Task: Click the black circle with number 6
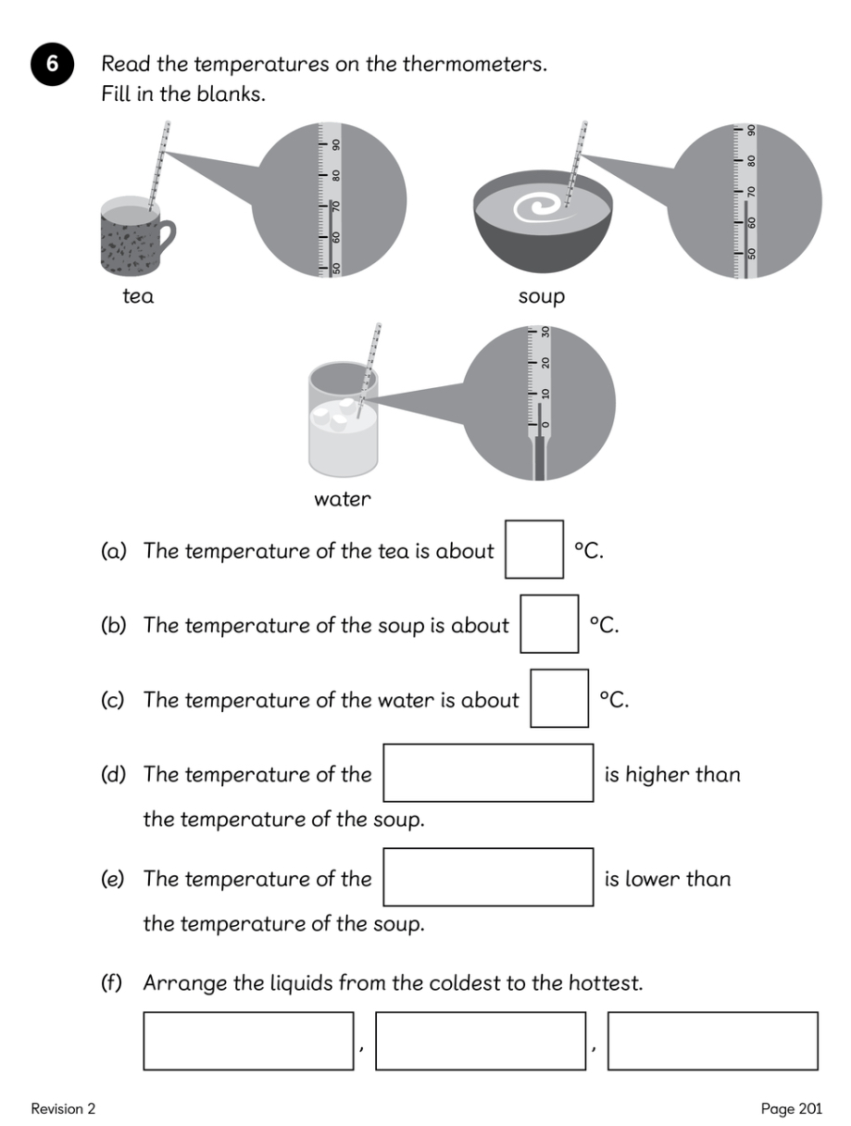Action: tap(52, 65)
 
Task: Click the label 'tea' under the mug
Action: tap(138, 297)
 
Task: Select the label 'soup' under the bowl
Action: tap(542, 297)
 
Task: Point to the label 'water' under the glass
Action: tap(343, 500)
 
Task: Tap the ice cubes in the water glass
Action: tap(334, 412)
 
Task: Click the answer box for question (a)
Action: tap(534, 550)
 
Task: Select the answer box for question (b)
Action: tap(549, 625)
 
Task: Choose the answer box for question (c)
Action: tap(559, 699)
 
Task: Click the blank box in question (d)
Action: tap(488, 773)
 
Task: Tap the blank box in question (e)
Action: tap(488, 877)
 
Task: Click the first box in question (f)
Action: tap(248, 1041)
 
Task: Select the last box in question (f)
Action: tap(712, 1041)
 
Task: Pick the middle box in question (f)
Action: tap(481, 1041)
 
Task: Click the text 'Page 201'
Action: tap(791, 1108)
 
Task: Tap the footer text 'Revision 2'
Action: tap(63, 1108)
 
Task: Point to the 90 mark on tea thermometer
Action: tap(337, 144)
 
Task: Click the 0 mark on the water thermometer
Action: tap(544, 424)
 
